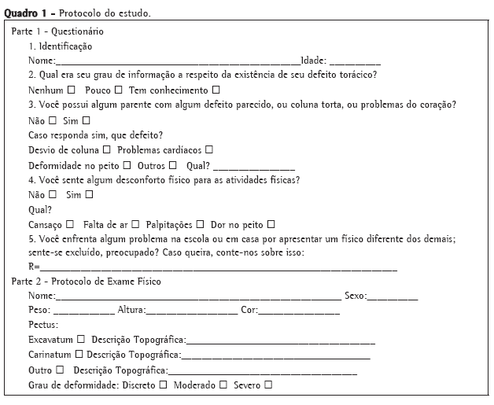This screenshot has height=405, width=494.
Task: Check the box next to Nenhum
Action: [72, 90]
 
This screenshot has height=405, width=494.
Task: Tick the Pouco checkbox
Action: [118, 90]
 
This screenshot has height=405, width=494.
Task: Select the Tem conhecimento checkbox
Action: [216, 90]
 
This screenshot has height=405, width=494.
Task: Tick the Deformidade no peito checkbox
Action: [127, 165]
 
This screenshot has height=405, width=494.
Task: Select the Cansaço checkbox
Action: [70, 224]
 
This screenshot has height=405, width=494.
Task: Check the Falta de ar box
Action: [135, 224]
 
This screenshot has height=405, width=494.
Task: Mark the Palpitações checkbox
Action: [200, 224]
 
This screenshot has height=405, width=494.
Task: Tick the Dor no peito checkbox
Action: [271, 224]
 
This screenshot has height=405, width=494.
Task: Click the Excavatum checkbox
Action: [81, 340]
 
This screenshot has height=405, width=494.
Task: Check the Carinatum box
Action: [79, 355]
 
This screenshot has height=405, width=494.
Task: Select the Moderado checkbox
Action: [223, 385]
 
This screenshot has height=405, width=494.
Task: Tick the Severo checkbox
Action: [268, 385]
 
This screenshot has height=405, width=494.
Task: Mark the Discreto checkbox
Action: [163, 385]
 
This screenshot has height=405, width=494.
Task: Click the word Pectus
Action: [43, 325]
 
